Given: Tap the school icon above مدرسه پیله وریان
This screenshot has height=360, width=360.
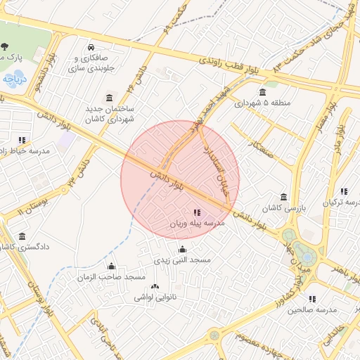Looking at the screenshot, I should (195, 212).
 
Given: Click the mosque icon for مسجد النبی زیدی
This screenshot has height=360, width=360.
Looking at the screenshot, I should (182, 249).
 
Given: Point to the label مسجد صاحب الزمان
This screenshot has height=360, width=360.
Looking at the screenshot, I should (111, 277).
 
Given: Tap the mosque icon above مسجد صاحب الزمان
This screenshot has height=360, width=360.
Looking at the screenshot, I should (111, 266).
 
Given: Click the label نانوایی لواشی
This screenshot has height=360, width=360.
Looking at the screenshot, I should (153, 297).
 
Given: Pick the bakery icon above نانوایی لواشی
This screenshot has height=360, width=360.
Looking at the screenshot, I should (155, 286).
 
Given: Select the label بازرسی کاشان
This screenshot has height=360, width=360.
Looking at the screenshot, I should (282, 209).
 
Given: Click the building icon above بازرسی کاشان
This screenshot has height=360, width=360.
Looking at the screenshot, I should (283, 197).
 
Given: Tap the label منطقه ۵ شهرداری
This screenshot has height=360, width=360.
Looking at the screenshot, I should (262, 103).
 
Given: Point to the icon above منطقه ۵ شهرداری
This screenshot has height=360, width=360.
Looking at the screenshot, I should (262, 92).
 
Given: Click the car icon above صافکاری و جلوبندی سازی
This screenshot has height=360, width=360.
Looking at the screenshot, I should (91, 47).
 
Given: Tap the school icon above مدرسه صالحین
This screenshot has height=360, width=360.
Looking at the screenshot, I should (311, 299).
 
